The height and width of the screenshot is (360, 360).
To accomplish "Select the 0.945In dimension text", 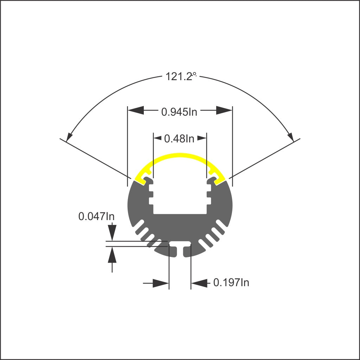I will coord(179,112).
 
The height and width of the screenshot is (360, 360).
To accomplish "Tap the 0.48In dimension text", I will coord(179,139).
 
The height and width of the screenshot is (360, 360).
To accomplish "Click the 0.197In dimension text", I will coord(231,282).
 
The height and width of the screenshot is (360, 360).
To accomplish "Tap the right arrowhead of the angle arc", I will coord(290,136).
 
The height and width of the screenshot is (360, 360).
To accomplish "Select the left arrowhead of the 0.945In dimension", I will coord(136,110).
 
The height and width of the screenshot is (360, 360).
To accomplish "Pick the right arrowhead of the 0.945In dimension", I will coord(224,110).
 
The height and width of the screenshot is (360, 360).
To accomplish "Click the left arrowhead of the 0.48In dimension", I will coord(157,138).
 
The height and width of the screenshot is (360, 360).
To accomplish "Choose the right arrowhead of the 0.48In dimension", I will coord(202,138).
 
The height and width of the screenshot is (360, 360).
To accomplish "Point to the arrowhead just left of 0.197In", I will coord(199,283).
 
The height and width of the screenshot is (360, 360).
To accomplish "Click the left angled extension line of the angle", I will coord(95,158).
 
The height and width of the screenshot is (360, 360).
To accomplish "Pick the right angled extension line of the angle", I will coord(265,158).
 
